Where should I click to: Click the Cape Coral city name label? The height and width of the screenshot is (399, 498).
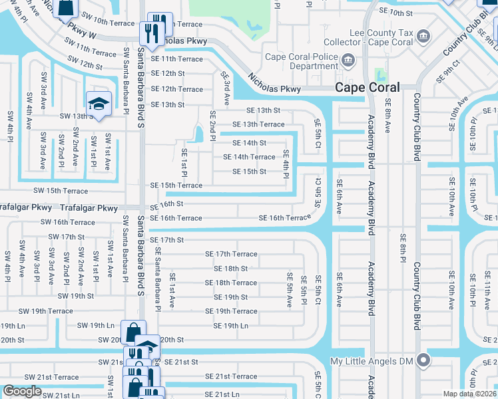(368, 87)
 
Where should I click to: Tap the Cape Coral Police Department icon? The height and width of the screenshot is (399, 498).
(348, 61)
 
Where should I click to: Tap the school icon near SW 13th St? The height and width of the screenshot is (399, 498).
(99, 104)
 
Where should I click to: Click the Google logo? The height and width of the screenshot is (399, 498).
(22, 391)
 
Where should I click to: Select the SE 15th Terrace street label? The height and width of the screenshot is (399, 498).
(176, 186)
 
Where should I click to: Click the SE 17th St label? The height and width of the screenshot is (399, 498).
(166, 239)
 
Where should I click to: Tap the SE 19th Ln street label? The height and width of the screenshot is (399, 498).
(230, 326)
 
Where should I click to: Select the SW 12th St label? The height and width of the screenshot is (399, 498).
(85, 66)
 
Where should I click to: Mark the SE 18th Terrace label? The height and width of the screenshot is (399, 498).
(231, 283)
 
